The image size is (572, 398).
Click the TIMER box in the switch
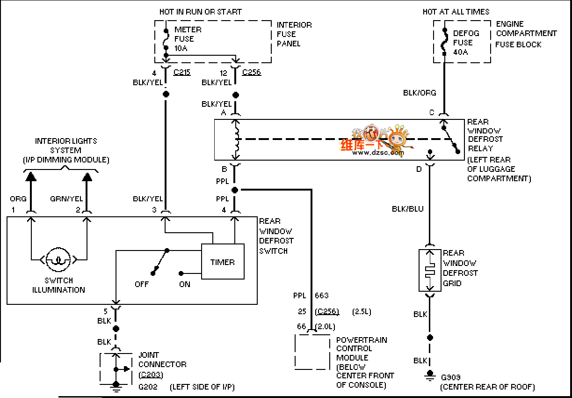pos(223,262)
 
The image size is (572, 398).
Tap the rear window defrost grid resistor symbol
pos(430,271)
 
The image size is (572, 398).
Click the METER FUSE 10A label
pos(188,39)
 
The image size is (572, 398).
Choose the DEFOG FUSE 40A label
pos(466,43)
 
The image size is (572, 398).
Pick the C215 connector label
pos(182,72)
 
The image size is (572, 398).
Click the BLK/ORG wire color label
pos(420,93)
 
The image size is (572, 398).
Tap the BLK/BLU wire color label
pos(408,209)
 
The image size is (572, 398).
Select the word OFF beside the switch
pos(142,284)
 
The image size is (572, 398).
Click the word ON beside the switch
pos(185,284)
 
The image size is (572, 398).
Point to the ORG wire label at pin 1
pos(18,199)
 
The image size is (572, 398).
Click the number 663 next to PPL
pos(322,295)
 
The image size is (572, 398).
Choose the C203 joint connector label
pos(151,375)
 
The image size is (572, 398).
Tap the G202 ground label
pos(148,387)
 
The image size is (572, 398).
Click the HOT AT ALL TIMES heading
pos(456,12)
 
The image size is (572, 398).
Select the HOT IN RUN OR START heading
pos(201,12)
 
